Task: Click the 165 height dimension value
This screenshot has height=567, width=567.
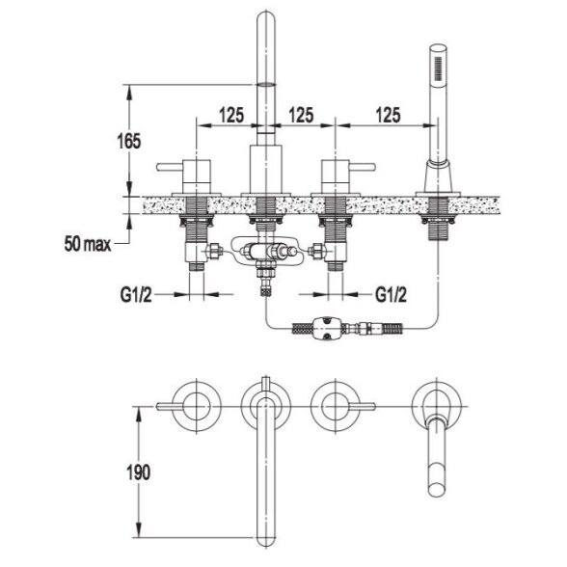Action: pos(129,141)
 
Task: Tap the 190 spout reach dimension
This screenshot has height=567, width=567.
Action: pos(139,472)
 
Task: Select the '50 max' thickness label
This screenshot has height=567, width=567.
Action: pos(88,244)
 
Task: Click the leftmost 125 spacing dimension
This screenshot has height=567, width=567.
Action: pos(231,116)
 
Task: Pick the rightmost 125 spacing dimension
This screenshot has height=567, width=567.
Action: pos(389,115)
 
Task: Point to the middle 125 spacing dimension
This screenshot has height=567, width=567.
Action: pos(301,115)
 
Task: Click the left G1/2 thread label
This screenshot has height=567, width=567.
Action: pos(136,295)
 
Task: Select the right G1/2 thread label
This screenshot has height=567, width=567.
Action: pos(391,295)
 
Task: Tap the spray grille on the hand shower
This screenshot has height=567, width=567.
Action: pos(438,67)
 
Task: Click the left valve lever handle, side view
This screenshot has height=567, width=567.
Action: pos(170,167)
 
